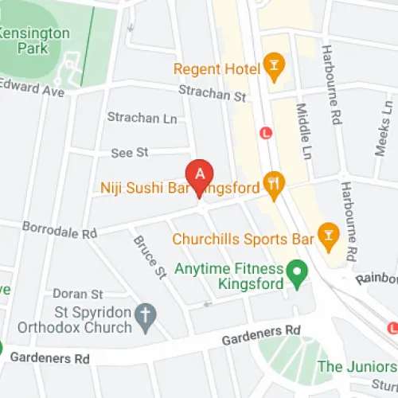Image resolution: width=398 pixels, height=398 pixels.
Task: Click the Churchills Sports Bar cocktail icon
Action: [x=326, y=233]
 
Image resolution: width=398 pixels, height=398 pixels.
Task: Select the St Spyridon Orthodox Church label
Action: [x=81, y=318]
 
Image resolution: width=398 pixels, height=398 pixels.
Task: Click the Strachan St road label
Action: [x=213, y=94]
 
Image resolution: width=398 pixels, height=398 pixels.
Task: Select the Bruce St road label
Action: [x=149, y=256]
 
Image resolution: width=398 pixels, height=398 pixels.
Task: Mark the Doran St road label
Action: [x=78, y=294]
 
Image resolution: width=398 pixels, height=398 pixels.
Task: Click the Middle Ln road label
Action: [x=302, y=128]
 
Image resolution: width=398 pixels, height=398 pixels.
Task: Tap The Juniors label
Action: [x=357, y=367]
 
